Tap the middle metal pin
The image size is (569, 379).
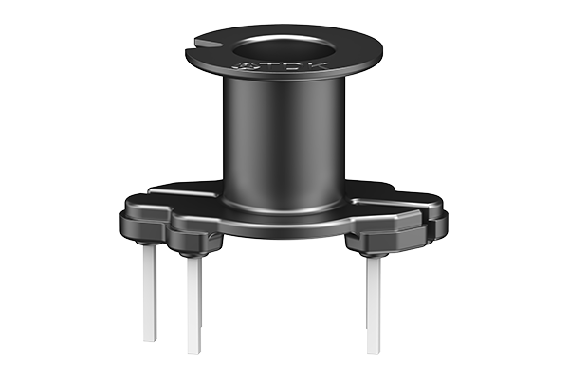pos(193,303)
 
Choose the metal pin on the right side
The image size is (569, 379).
pos(373,303)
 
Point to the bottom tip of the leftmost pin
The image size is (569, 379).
pos(150,338)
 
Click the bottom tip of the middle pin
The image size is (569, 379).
pos(193,352)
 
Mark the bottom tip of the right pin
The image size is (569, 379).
pos(373,352)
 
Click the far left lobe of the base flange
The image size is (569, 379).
pos(133,222)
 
